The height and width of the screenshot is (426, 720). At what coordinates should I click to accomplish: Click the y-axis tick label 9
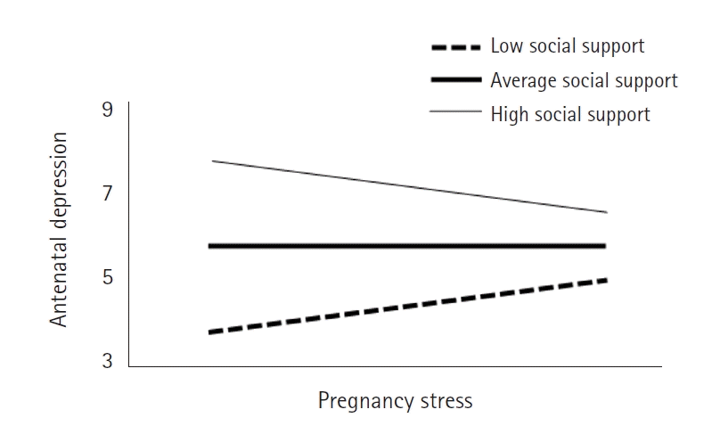(108, 111)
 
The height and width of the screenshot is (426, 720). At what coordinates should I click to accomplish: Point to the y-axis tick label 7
(108, 194)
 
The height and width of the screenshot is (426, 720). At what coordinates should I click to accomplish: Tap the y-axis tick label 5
(108, 278)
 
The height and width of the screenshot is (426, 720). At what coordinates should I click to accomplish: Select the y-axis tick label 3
(108, 361)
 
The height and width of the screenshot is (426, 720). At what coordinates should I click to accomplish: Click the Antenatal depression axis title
(59, 230)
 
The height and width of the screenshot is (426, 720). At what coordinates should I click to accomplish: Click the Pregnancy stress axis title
(395, 401)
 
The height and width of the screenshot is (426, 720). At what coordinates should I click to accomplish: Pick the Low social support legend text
(568, 45)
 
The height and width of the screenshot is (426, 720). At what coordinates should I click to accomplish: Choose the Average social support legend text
(584, 80)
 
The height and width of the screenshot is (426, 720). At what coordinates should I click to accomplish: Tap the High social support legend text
(570, 114)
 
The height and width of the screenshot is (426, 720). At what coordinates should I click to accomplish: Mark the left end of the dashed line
(209, 332)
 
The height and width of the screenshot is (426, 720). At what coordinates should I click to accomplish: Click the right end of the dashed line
(606, 280)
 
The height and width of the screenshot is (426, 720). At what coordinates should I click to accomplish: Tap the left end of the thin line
(212, 160)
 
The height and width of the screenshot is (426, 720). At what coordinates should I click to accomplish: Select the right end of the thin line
(607, 212)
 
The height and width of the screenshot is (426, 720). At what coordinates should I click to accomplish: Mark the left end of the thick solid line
(209, 246)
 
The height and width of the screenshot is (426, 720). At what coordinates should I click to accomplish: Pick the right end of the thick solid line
(606, 246)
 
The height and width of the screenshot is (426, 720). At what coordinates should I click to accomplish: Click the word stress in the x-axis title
(446, 401)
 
